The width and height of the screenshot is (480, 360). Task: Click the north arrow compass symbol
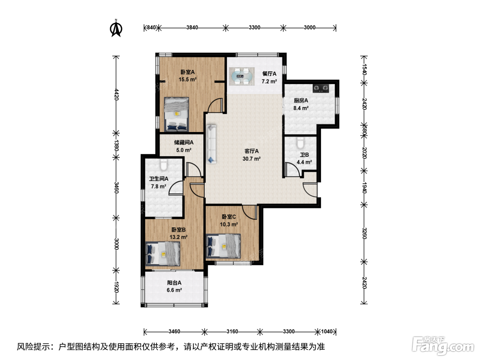tap(116, 28)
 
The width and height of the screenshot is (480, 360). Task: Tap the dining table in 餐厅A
tap(242, 76)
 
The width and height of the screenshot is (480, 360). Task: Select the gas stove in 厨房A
tap(321, 88)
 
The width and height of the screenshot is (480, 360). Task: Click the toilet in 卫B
tap(300, 143)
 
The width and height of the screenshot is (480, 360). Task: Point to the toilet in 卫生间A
tap(164, 165)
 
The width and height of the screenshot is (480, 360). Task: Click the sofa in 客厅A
tap(211, 144)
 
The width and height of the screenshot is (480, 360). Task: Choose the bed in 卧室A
tap(177, 114)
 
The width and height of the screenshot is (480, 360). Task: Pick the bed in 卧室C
tap(223, 246)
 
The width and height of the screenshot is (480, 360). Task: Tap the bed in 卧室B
tap(163, 254)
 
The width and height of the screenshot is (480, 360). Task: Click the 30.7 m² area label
tap(251, 159)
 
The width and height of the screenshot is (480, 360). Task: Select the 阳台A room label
tap(174, 283)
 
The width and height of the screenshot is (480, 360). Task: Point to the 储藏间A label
tap(184, 143)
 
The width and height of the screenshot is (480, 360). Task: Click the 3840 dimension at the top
tap(192, 27)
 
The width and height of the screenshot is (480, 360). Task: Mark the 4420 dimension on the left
tap(117, 94)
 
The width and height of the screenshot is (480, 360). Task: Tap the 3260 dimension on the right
tap(364, 233)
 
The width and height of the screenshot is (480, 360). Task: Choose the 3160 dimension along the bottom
tap(232, 332)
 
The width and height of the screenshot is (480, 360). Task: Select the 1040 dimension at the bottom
tap(327, 332)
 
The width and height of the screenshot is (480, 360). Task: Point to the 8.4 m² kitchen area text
tap(301, 108)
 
